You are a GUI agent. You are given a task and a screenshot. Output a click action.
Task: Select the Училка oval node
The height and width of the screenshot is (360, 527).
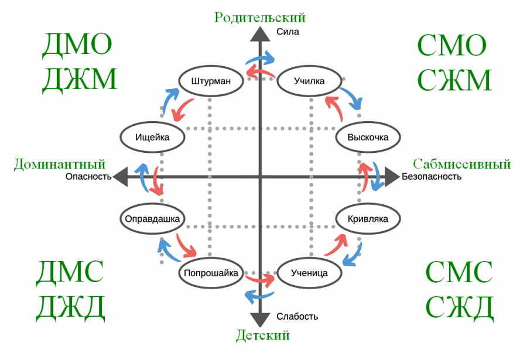[x=309, y=81]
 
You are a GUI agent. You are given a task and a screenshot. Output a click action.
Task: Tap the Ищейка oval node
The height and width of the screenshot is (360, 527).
[x=152, y=138]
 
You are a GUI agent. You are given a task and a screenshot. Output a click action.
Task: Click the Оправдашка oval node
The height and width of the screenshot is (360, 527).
[x=152, y=219]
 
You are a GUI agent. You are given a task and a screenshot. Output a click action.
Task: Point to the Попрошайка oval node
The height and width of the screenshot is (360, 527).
[x=210, y=273]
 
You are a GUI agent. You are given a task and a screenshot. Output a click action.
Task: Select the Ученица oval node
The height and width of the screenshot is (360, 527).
[x=309, y=273]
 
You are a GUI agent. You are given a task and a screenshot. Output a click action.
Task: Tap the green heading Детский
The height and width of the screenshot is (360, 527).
[x=263, y=335]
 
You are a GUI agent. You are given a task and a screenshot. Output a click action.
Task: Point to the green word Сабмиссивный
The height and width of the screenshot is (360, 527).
[x=462, y=164]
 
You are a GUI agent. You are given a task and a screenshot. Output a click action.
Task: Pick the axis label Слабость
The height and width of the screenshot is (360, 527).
[x=297, y=317]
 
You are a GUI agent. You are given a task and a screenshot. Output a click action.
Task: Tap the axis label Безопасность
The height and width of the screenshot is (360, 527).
[x=432, y=176]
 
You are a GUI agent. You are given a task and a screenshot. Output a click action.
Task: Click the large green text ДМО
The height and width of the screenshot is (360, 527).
[x=77, y=46]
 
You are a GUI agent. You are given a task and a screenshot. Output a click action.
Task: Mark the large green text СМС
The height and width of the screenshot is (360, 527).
[x=459, y=273]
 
